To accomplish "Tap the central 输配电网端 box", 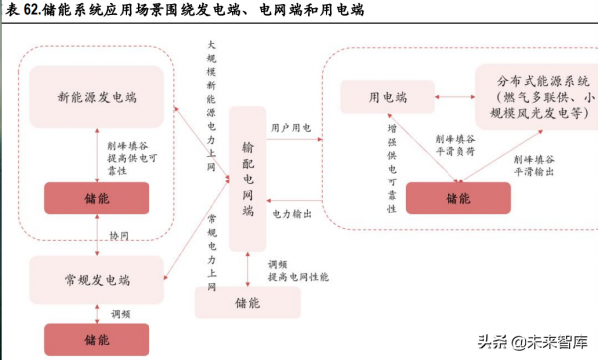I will point(248,179).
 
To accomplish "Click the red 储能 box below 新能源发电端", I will point(96,198).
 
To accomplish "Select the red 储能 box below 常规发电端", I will point(96,339).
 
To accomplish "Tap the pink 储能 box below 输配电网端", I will point(247,301).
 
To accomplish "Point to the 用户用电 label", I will point(291,129).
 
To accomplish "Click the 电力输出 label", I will point(291,213).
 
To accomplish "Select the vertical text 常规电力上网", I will point(211,249).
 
